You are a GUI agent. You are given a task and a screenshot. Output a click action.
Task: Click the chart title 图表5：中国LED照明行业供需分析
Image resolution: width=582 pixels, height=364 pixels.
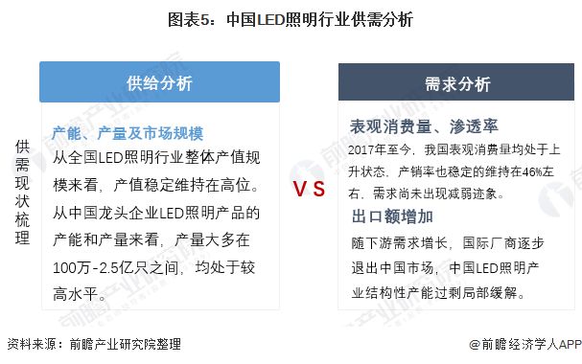(x=291, y=18)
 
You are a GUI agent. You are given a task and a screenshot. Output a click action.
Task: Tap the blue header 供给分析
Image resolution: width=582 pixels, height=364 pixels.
(x=159, y=82)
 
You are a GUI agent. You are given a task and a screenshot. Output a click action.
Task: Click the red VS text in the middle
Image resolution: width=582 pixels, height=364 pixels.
(x=309, y=188)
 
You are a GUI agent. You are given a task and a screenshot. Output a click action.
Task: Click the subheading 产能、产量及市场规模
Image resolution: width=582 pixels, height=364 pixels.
(x=128, y=133)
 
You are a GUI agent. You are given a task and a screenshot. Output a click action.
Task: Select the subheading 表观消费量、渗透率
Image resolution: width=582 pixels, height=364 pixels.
(x=424, y=126)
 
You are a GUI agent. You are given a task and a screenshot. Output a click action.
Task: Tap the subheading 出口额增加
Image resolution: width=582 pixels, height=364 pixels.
(x=392, y=216)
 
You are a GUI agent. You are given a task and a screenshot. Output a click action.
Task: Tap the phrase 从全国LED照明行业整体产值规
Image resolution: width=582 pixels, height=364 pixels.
(x=156, y=158)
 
